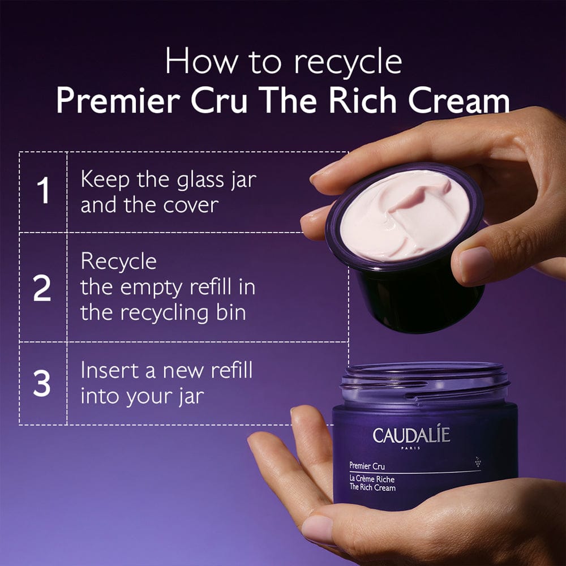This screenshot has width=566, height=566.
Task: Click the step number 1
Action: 43,192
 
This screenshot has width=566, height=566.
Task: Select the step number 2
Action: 42,288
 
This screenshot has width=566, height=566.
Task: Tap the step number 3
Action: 42,384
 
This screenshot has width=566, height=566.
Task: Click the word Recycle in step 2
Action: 118,262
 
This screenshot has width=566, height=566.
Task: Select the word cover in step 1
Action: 190,205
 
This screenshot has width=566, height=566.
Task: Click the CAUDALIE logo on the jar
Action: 411,435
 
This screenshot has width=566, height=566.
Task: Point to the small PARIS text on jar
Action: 411,449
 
